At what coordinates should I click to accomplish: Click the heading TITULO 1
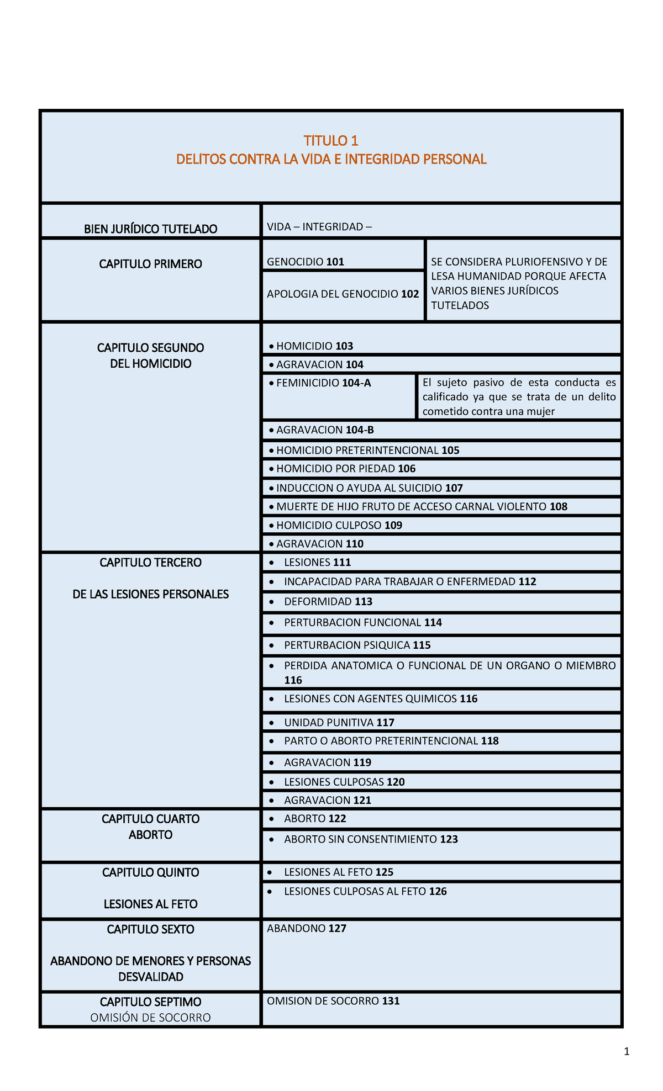[x=331, y=140]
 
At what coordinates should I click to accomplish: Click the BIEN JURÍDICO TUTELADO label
[x=150, y=229]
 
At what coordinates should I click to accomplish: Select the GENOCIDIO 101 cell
[x=305, y=262]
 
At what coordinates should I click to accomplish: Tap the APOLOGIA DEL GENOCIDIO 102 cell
[x=343, y=294]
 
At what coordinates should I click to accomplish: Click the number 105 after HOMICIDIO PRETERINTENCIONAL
[x=450, y=450]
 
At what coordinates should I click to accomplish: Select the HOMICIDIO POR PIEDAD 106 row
[x=346, y=469]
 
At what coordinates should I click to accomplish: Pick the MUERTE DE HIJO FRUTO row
[x=422, y=506]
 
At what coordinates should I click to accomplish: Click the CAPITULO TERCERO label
[x=150, y=563]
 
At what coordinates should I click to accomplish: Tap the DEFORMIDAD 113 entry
[x=328, y=601]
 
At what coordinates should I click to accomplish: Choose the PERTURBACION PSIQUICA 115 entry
[x=357, y=645]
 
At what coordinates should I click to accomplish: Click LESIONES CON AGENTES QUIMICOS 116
[x=380, y=698]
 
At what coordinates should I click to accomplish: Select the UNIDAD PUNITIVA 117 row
[x=339, y=722]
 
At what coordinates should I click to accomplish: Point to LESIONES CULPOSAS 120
[x=344, y=782]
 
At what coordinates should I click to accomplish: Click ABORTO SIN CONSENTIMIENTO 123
[x=371, y=839]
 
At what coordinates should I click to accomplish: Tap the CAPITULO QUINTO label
[x=150, y=872]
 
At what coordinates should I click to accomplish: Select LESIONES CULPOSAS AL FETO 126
[x=365, y=891]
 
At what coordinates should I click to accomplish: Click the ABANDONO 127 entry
[x=306, y=928]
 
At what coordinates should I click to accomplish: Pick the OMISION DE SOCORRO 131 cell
[x=333, y=1000]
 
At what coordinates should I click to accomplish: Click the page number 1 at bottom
[x=627, y=1051]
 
